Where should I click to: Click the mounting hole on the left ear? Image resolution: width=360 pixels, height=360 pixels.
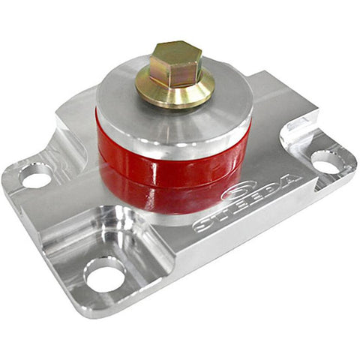(x=35, y=178)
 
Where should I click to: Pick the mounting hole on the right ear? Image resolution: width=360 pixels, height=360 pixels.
(x=326, y=160)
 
